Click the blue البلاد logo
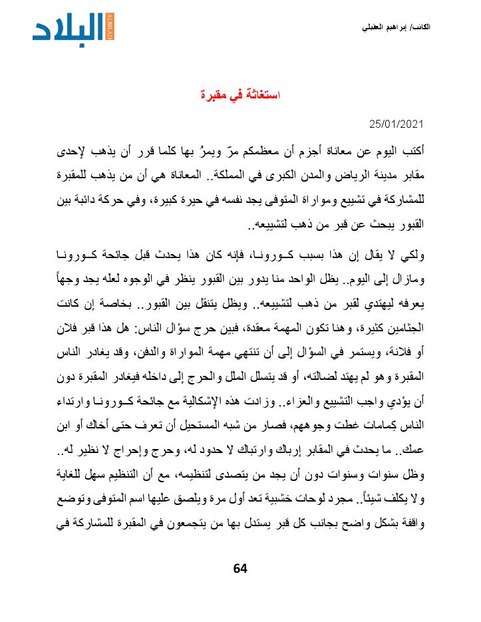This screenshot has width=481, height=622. point(69,27)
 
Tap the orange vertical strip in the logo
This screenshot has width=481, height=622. point(110,27)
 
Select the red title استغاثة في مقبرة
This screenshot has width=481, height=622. point(241,95)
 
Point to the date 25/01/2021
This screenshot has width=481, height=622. point(397,124)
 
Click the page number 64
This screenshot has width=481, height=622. point(240,567)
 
